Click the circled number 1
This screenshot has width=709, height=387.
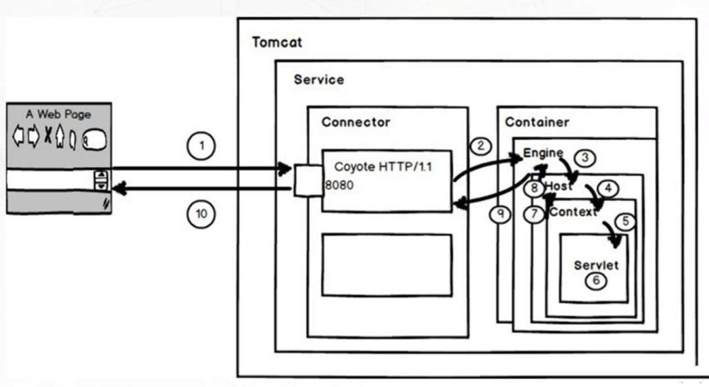click(x=202, y=146)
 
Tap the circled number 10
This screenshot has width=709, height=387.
click(x=202, y=214)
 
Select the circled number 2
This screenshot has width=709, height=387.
click(x=481, y=146)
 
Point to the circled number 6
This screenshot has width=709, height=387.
click(x=596, y=281)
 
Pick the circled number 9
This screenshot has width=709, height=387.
click(x=500, y=214)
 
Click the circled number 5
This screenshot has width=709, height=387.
click(x=626, y=221)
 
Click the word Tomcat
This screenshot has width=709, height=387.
click(x=277, y=42)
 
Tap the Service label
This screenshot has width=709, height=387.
click(x=319, y=80)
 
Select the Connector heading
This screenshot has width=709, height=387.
click(x=356, y=122)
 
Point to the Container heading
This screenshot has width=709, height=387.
click(x=537, y=122)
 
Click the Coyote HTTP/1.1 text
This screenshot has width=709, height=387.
click(x=383, y=167)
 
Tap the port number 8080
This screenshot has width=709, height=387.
click(x=339, y=185)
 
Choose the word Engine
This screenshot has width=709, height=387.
click(x=543, y=153)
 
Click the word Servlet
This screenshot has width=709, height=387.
click(x=596, y=265)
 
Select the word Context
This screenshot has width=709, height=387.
click(x=573, y=212)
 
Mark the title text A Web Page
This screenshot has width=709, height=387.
click(x=58, y=114)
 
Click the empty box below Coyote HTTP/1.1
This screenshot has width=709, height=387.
click(x=387, y=265)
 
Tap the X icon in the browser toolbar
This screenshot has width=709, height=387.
click(x=47, y=135)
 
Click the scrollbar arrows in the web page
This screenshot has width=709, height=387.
click(x=101, y=180)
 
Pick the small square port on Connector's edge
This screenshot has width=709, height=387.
click(x=309, y=181)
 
